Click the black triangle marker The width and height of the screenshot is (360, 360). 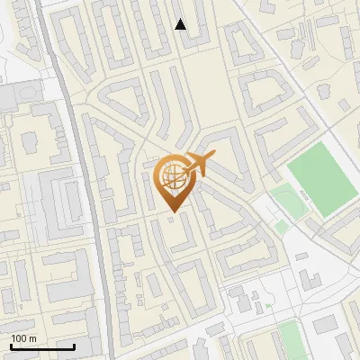point(181,24)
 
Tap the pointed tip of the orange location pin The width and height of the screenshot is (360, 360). point(172,212)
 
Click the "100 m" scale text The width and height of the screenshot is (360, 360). point(23,337)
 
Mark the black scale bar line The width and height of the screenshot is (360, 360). point(42,346)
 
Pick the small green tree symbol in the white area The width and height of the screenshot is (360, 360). point(267,307)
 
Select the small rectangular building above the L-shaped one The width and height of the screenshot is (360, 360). point(238,293)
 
